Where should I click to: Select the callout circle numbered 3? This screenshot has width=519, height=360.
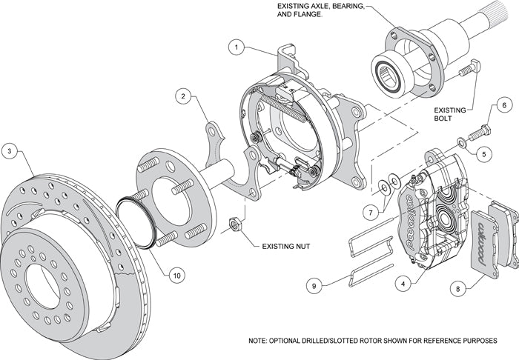pyautogui.click(x=9, y=151)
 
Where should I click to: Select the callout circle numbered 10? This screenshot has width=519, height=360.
pyautogui.click(x=176, y=276)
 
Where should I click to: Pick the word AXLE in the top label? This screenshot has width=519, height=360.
pyautogui.click(x=310, y=7)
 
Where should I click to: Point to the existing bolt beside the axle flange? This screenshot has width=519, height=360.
pyautogui.click(x=467, y=70)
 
